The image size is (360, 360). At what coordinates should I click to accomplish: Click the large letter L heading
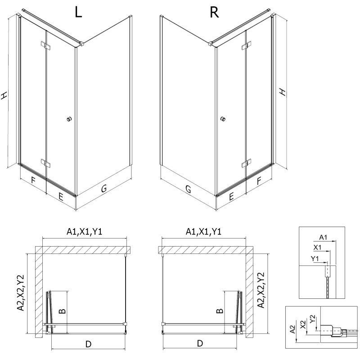coord(78,13)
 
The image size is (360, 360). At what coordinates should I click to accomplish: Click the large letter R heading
coord(214,13)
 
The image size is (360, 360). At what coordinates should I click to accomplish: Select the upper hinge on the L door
coord(46,45)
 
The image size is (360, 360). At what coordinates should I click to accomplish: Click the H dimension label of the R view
coord(283,91)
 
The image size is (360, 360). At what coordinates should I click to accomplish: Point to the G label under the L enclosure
coord(103,189)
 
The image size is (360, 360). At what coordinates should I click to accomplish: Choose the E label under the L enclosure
coord(61,196)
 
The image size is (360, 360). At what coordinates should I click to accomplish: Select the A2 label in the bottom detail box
coord(293,331)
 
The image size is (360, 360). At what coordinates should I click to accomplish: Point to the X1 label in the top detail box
coord(317,247)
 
